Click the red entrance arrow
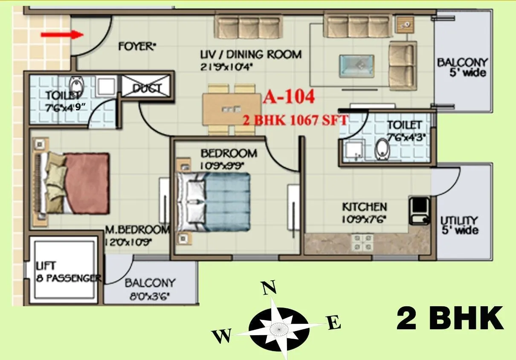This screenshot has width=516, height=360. click(62, 35)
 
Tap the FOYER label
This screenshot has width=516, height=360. click(136, 46)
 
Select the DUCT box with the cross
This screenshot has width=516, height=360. click(147, 88)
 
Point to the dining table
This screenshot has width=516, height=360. click(232, 110)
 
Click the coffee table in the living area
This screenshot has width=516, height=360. click(356, 67)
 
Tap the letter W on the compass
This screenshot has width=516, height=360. click(222, 336)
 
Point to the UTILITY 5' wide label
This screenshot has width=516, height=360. click(459, 225)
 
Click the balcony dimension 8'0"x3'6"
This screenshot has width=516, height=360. click(150, 295)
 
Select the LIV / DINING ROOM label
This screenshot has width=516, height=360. click(251, 55)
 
